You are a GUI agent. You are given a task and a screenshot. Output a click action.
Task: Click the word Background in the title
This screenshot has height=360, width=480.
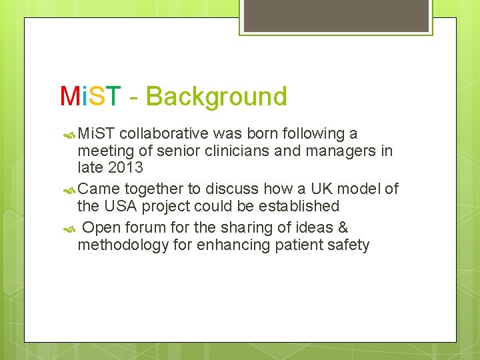click(x=217, y=97)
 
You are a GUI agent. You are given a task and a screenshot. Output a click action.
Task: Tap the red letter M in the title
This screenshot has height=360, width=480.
click(x=69, y=97)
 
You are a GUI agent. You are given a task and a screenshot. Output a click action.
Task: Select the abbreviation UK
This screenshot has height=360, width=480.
click(x=308, y=189)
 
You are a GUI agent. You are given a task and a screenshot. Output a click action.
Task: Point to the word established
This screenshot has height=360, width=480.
click(x=297, y=207)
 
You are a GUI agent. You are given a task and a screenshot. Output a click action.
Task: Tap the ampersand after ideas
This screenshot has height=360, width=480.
click(x=343, y=228)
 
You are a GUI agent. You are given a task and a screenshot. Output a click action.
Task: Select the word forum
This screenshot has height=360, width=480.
click(x=143, y=228)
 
